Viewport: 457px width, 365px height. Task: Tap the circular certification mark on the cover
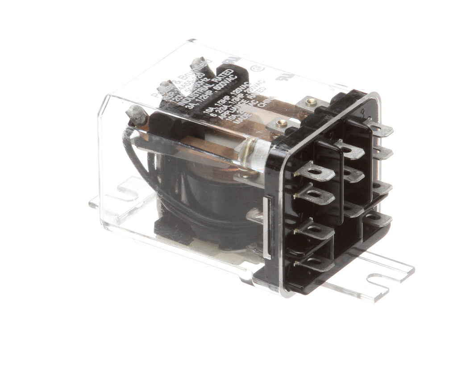coord(256,70)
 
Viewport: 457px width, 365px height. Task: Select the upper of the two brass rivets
coord(312,102)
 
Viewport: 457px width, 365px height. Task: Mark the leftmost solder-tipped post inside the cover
coord(137,116)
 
